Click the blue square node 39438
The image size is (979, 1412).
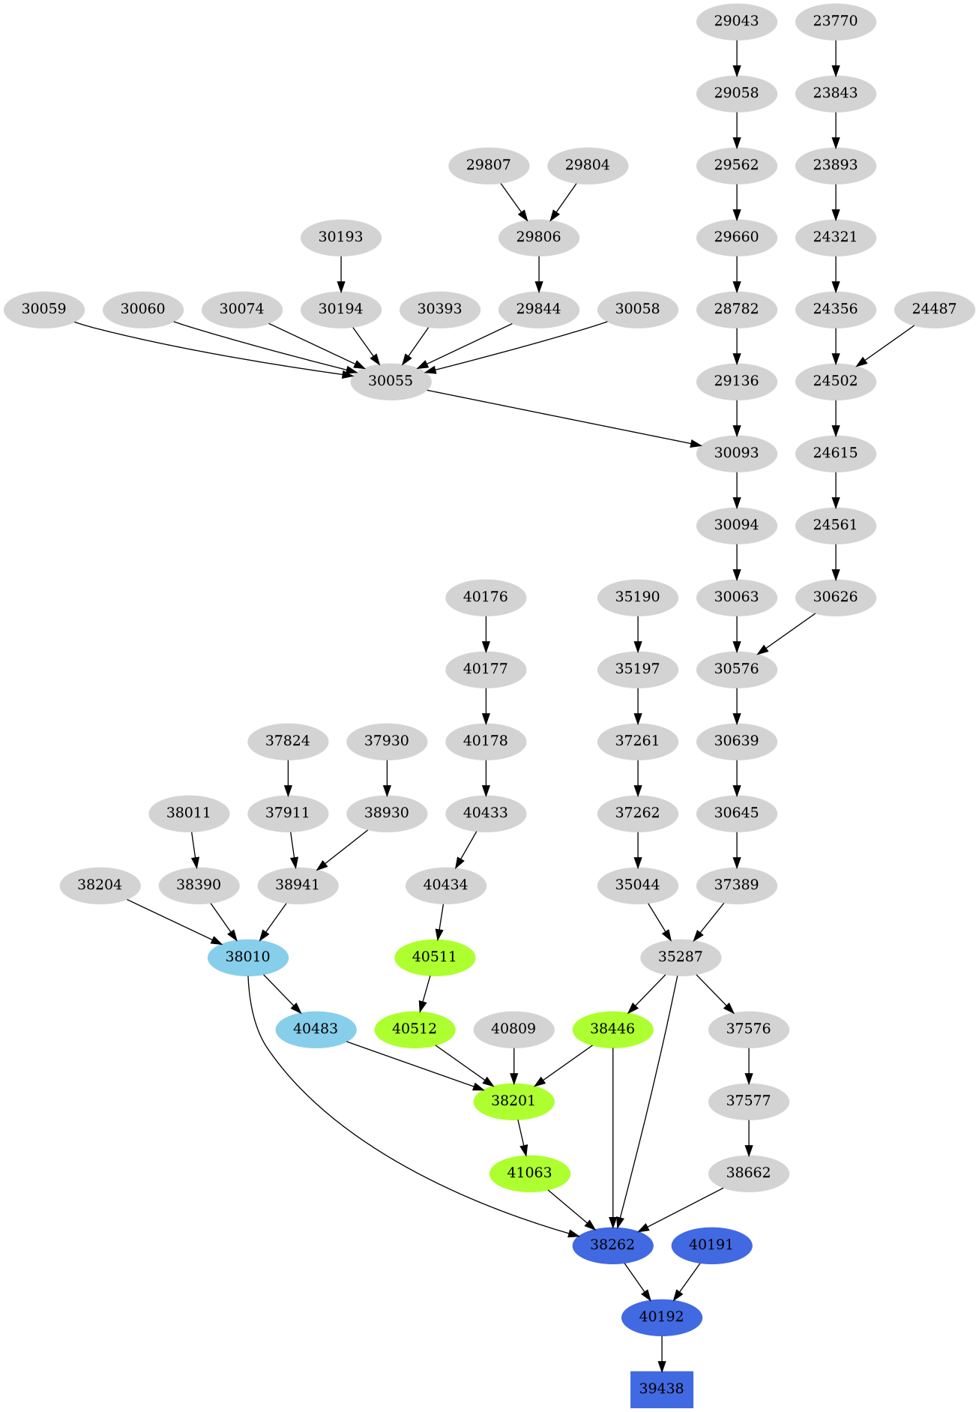click(x=661, y=1389)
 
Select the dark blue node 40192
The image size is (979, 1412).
click(x=661, y=1317)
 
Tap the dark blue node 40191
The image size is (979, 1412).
click(x=711, y=1245)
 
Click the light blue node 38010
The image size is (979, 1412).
click(x=248, y=957)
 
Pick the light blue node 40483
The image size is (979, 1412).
click(x=316, y=1029)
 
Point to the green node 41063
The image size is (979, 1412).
click(x=530, y=1173)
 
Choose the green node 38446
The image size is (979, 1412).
click(x=612, y=1029)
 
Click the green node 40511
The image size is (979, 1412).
click(x=435, y=957)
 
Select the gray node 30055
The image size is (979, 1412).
click(x=391, y=381)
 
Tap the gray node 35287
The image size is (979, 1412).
click(x=681, y=957)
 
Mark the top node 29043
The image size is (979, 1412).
click(x=736, y=21)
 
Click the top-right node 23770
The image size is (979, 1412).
click(x=835, y=21)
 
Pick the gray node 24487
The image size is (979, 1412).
click(x=934, y=309)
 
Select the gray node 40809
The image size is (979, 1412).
click(x=513, y=1029)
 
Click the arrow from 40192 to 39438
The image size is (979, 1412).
click(x=661, y=1353)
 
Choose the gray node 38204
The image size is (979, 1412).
click(x=100, y=885)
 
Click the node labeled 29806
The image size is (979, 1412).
click(x=538, y=237)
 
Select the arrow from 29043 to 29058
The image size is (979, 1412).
click(x=736, y=57)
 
